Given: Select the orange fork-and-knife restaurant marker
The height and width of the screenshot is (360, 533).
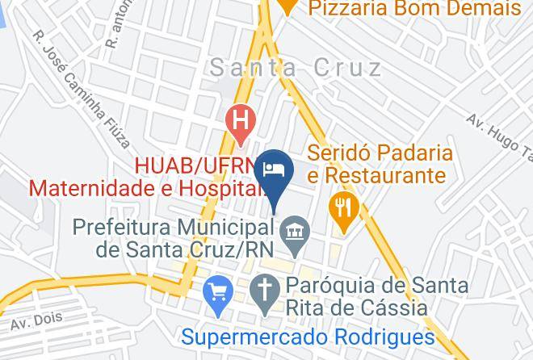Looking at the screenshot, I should click(x=344, y=207).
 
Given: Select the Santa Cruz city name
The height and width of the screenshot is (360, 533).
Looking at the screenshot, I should click(x=296, y=68).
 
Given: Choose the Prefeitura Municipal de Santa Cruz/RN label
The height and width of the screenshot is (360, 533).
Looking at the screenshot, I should click(x=172, y=237).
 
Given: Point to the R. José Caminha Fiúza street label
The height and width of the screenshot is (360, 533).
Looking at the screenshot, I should click(x=81, y=90).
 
